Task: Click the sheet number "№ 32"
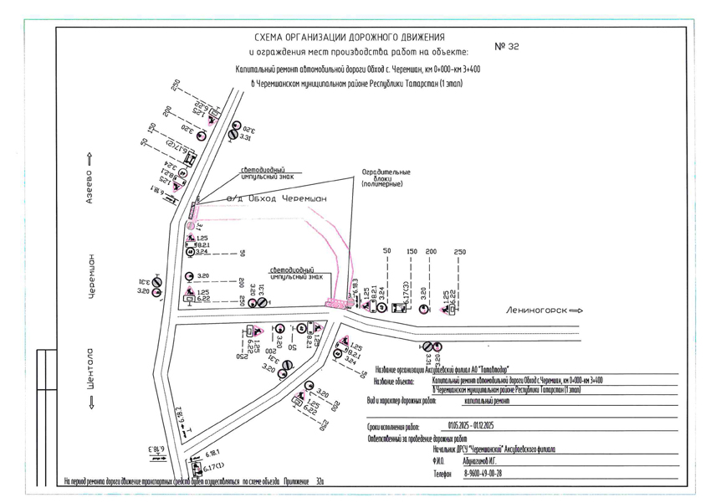click(507, 47)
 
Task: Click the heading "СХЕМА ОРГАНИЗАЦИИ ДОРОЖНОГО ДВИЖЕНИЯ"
click(349, 38)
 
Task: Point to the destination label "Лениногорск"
click(535, 310)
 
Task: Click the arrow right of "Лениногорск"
click(575, 310)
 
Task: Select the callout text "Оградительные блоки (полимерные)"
click(386, 178)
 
